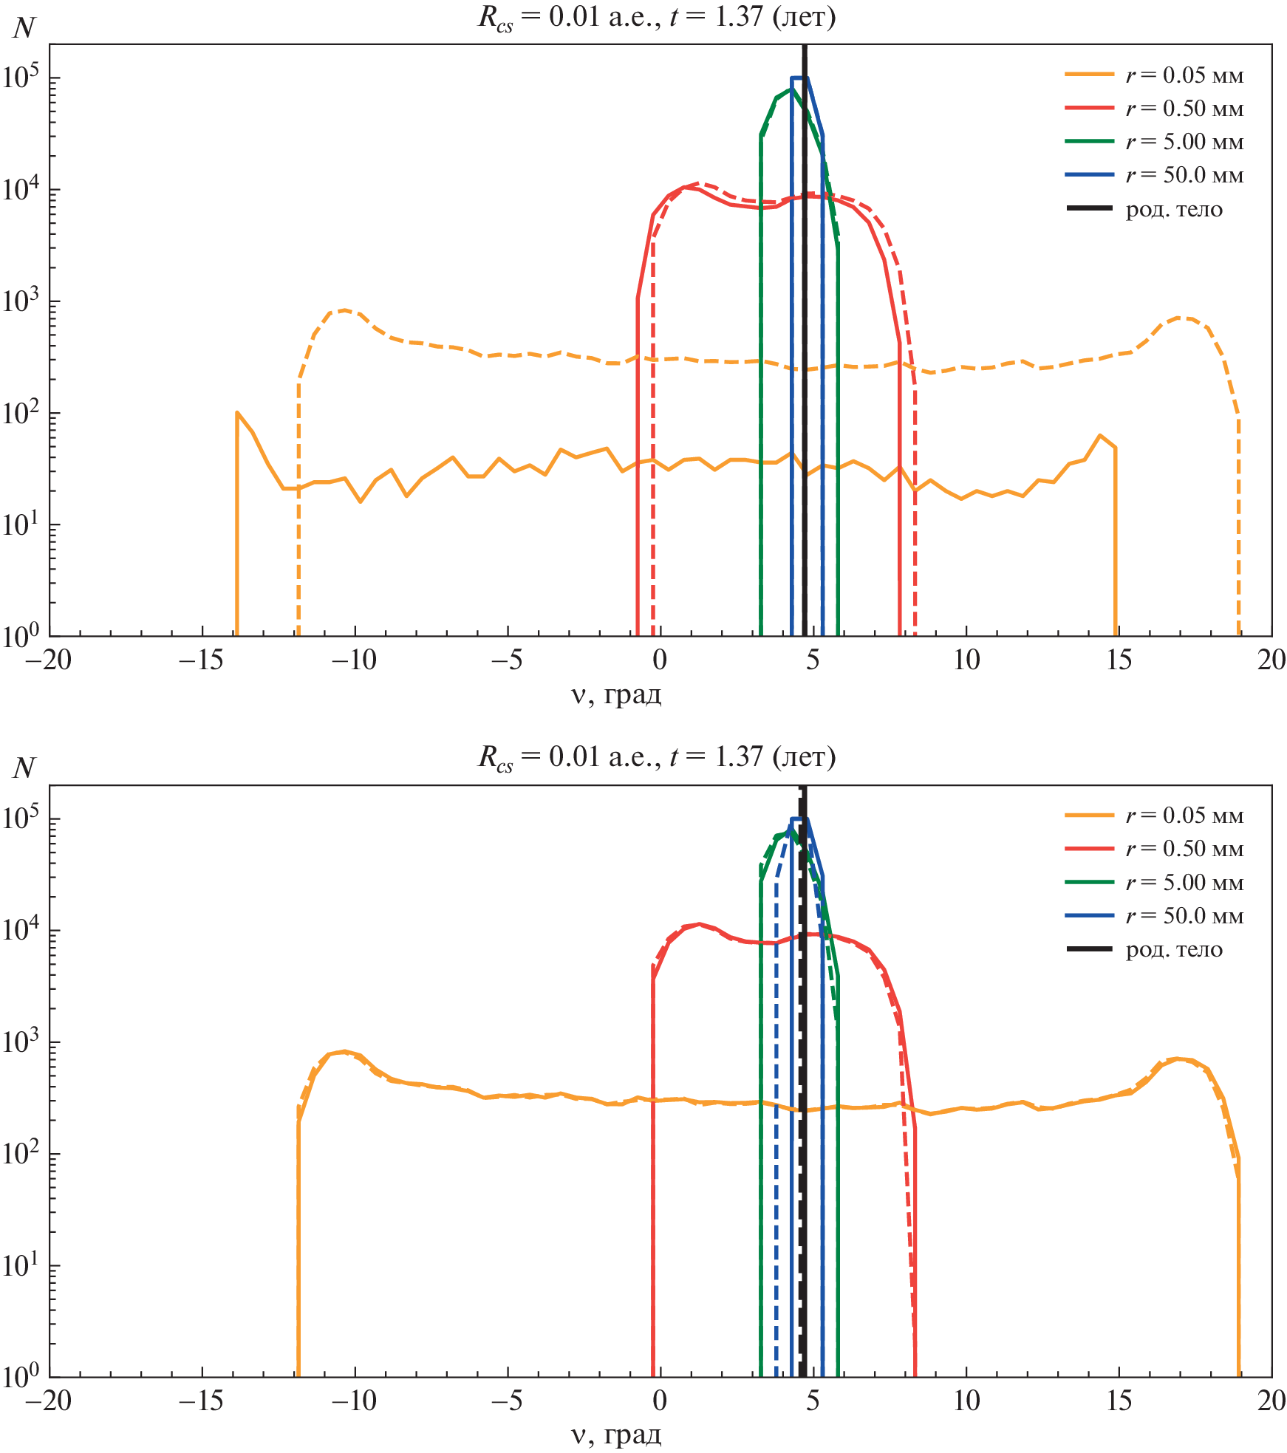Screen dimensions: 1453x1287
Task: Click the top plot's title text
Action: coord(657,16)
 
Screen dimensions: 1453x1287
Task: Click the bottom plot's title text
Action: coord(657,756)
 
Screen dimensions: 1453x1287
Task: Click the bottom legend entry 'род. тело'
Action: coord(1174,950)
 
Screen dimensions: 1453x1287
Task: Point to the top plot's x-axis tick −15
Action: coord(201,660)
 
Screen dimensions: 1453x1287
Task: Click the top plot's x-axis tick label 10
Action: coord(966,660)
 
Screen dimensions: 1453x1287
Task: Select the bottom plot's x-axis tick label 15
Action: coord(1119,1400)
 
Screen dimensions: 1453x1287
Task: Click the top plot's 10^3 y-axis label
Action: coord(22,301)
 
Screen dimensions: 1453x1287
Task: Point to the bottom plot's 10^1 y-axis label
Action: coord(22,1265)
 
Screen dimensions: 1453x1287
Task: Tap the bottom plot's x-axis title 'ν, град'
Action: coord(616,1435)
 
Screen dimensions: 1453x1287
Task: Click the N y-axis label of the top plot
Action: coord(24,28)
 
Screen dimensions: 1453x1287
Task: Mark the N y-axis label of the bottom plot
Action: coord(24,768)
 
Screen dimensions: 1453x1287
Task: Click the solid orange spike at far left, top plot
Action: coord(237,414)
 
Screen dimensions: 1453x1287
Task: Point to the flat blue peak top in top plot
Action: coord(799,78)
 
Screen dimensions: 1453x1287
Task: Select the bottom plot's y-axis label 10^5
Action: coord(22,818)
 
